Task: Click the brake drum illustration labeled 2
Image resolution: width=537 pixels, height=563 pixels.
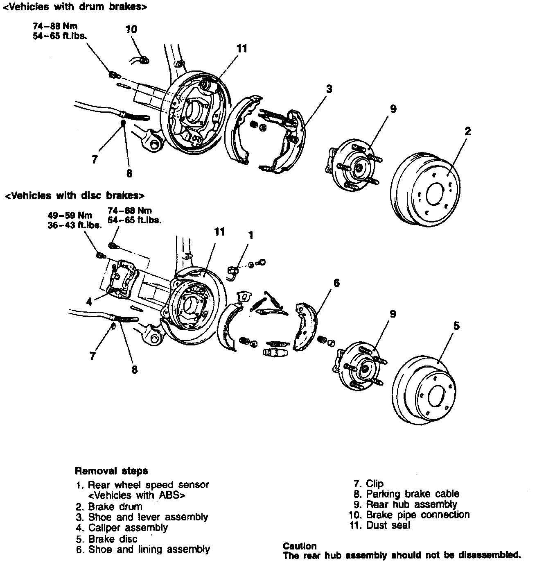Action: [425, 189]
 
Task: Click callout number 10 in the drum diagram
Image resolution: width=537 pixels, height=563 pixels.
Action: [131, 29]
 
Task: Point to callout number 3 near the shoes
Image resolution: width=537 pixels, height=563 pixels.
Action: [329, 89]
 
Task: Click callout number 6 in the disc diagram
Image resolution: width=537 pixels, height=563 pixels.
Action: [336, 283]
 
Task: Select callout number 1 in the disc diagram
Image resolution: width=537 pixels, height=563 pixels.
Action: [251, 235]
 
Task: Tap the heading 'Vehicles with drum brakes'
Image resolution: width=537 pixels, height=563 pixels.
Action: [75, 7]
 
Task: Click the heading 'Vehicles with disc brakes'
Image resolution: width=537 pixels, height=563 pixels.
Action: [74, 195]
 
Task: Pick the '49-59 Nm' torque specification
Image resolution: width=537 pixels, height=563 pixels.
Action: [70, 215]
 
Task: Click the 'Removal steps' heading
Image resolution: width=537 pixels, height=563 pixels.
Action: [111, 471]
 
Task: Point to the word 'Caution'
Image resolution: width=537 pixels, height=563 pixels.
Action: [300, 546]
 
